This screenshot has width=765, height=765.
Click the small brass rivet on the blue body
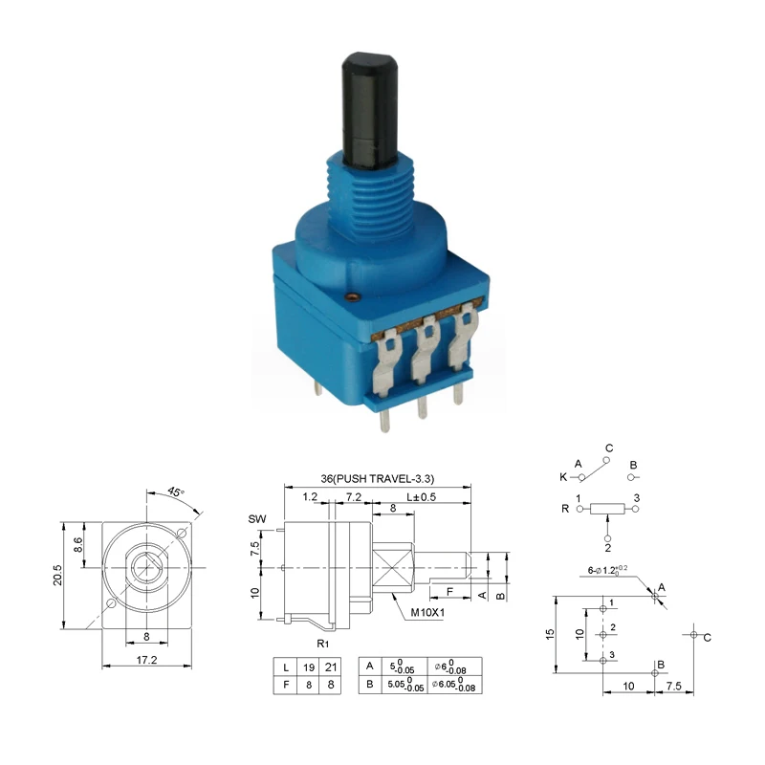[356, 297]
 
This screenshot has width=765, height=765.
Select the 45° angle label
[175, 492]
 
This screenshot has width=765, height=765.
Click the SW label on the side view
[256, 518]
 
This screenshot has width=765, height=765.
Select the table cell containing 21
[331, 667]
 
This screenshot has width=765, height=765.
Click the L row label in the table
[284, 667]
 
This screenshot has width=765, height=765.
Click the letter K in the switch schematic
[563, 476]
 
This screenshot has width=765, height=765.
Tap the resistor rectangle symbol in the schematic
[608, 509]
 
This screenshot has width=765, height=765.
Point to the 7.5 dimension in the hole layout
[674, 686]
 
